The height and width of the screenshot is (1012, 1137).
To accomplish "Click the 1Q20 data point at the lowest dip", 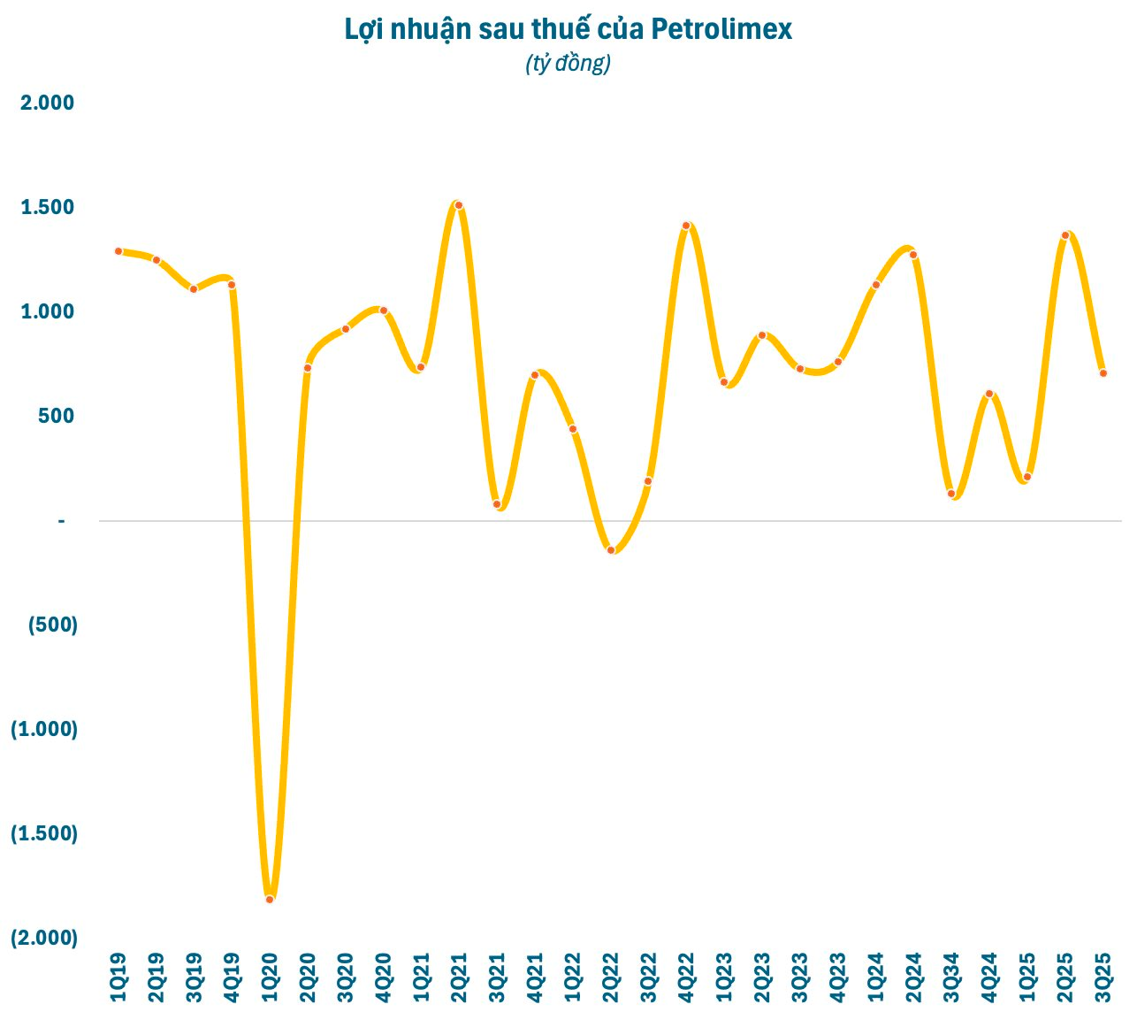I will [270, 899].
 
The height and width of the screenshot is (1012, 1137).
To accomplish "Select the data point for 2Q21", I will [459, 205].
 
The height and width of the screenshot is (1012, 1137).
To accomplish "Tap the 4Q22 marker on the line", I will [686, 226].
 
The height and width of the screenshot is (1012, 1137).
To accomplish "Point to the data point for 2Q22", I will [611, 550].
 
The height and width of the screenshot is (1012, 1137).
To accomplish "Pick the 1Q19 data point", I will [118, 251].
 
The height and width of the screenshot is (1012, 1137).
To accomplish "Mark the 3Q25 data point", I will [1103, 373].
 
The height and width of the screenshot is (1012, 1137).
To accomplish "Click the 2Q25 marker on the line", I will [1065, 235].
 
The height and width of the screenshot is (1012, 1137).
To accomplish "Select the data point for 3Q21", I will [497, 504].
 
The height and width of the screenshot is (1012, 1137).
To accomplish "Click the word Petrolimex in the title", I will [721, 29].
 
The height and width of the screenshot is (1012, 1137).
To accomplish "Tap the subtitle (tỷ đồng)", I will [568, 64].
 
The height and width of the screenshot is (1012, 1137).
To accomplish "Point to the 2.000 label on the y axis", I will [48, 103].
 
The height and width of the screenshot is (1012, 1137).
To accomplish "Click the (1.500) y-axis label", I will [44, 833].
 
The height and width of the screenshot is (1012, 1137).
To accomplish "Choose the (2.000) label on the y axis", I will [44, 938].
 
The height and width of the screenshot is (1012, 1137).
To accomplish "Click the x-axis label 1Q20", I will [270, 977].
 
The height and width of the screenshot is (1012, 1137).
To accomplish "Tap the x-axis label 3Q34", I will [951, 977].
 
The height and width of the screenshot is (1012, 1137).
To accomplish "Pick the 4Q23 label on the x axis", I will [838, 977].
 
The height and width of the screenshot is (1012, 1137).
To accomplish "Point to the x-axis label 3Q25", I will [1103, 977].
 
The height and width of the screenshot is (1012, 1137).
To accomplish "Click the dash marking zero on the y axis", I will [62, 521].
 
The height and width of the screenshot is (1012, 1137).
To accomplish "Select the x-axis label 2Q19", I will [156, 977].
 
